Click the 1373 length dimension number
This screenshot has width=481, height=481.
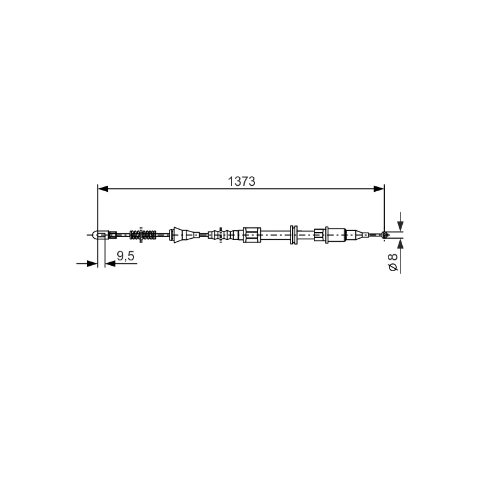pyautogui.click(x=242, y=182)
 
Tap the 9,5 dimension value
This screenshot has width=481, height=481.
pyautogui.click(x=126, y=256)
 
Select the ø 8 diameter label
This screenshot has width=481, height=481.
pyautogui.click(x=393, y=262)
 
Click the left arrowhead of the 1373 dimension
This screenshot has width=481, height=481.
pyautogui.click(x=103, y=189)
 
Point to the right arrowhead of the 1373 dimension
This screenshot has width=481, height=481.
pyautogui.click(x=379, y=189)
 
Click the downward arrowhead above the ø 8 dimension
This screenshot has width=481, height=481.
pyautogui.click(x=400, y=225)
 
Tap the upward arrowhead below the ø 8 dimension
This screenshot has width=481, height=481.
pyautogui.click(x=400, y=245)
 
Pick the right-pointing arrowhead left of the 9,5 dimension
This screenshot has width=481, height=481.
pyautogui.click(x=93, y=263)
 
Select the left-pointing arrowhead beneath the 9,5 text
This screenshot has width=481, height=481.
pyautogui.click(x=110, y=263)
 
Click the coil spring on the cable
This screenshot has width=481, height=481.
pyautogui.click(x=143, y=235)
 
